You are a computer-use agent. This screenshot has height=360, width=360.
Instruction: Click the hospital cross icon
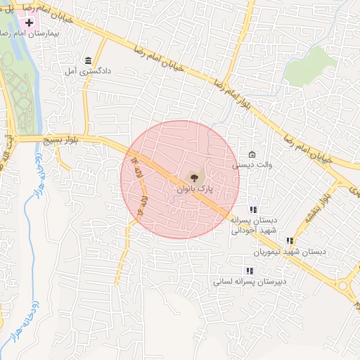tap(29, 22)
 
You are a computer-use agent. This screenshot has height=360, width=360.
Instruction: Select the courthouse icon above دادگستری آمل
tap(88, 60)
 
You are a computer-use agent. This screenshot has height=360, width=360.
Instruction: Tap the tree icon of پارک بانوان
tap(194, 177)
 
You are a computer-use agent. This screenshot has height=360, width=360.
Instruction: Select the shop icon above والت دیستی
tap(252, 155)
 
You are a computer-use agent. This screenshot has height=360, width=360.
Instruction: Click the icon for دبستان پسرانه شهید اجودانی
tap(253, 209)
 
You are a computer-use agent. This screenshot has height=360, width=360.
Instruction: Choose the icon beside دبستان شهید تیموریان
tap(290, 240)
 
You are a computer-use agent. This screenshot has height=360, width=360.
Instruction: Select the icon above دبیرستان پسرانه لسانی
tap(248, 270)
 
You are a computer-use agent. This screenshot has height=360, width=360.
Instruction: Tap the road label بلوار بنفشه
tap(315, 208)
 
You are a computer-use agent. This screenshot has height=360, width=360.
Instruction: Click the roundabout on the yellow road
tap(345, 285)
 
